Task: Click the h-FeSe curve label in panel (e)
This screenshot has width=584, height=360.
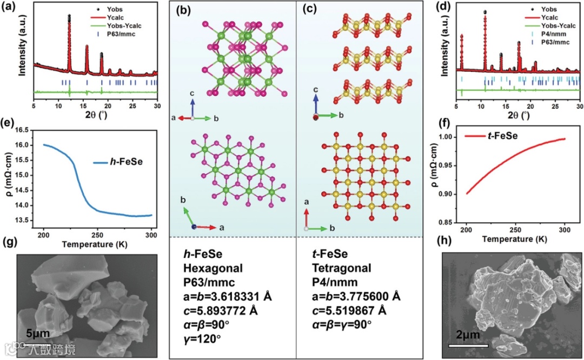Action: click(x=116, y=161)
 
